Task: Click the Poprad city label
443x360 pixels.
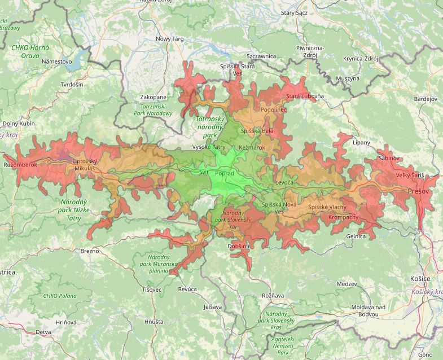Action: (225, 173)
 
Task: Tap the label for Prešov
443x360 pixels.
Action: (419, 192)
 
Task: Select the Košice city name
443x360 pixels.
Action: (420, 279)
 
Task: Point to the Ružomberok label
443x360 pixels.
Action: (20, 165)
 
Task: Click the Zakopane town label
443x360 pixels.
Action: (153, 97)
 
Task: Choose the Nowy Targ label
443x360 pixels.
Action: (170, 39)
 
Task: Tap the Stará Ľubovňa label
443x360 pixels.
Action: (305, 96)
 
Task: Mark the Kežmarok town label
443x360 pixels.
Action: (252, 147)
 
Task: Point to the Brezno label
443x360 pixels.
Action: (90, 251)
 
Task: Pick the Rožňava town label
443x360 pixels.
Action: (273, 295)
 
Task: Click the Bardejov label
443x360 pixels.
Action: (426, 99)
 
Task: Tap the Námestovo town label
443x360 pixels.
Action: (57, 61)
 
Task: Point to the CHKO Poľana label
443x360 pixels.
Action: (59, 296)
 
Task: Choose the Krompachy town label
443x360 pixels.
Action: (343, 217)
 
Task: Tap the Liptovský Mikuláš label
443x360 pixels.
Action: (85, 165)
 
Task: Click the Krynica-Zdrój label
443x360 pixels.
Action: (359, 59)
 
